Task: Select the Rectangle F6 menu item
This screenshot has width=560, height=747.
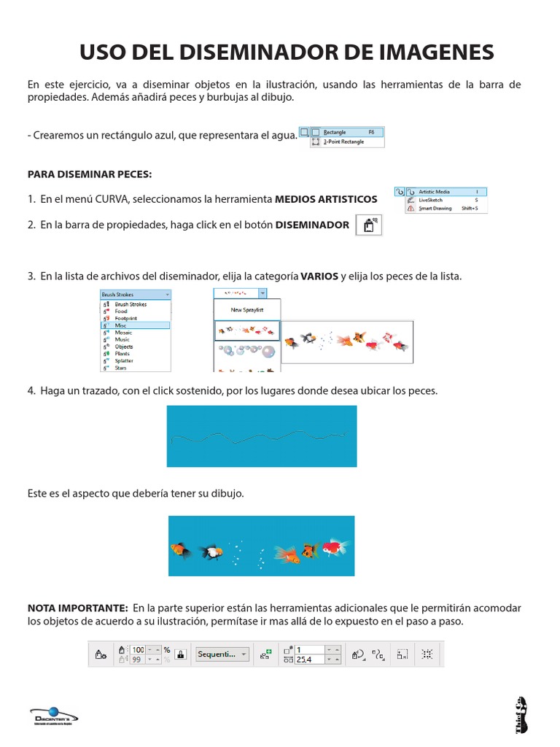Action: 346,133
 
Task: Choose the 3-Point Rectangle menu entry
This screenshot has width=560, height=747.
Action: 346,142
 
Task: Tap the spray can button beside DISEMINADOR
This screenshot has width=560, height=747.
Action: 368,226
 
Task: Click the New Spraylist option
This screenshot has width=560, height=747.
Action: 246,310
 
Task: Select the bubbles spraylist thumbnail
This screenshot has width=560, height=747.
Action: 246,352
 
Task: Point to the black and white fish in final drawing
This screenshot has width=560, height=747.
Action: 212,551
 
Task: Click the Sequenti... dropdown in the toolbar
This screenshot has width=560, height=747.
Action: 222,654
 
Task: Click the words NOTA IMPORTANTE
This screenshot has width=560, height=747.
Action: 77,608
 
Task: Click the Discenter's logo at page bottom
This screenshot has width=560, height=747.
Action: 55,717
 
